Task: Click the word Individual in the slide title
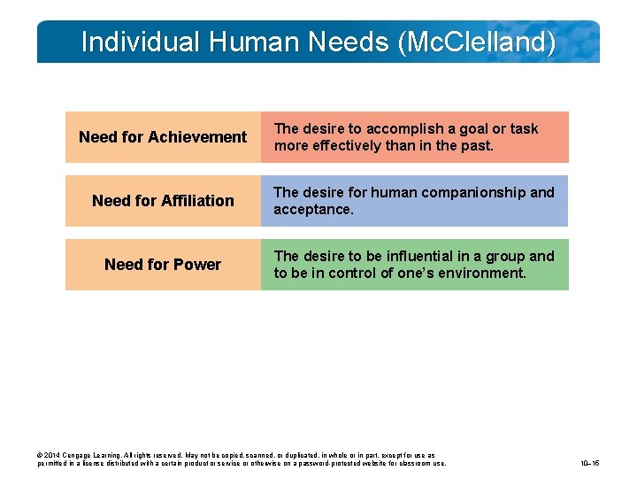click(141, 42)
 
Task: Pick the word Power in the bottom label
click(201, 265)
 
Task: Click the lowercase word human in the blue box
click(392, 193)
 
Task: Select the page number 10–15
click(589, 462)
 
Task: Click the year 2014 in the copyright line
click(51, 454)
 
